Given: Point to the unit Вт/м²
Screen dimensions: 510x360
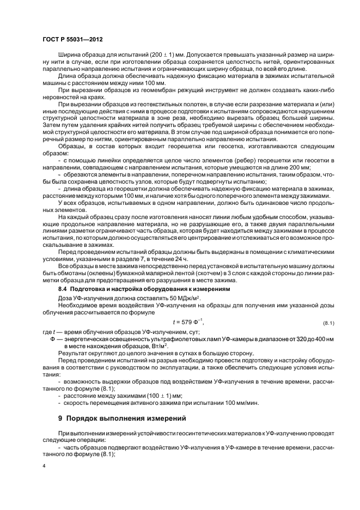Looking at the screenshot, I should coord(155,346).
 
